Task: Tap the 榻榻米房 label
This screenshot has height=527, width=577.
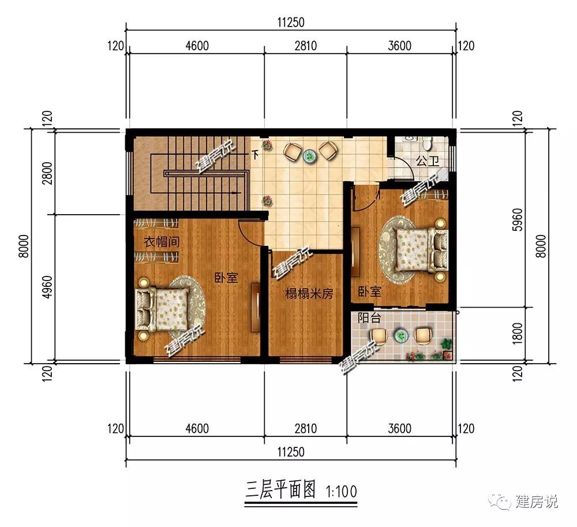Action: coord(309,294)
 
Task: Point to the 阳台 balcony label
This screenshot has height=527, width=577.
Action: coord(369,317)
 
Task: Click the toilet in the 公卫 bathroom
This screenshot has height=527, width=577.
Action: coord(428,141)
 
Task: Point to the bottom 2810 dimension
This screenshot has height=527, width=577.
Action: coord(305,428)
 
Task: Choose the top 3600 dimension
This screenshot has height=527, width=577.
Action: coord(400,46)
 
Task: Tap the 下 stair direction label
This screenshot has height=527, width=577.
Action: coord(254,155)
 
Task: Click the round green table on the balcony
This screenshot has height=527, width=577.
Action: coord(400,335)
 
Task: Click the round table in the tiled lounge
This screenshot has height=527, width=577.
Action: coord(310,154)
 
